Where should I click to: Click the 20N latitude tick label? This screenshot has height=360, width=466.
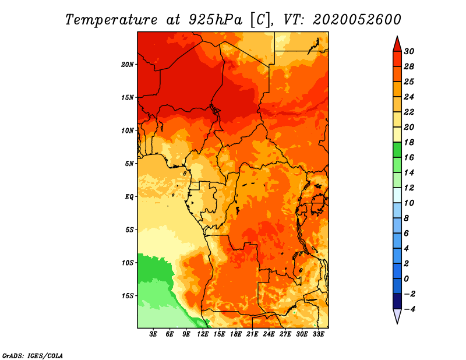(x=128, y=65)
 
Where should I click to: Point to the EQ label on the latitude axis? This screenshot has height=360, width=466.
(x=129, y=197)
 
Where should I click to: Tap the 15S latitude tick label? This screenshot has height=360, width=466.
(x=128, y=296)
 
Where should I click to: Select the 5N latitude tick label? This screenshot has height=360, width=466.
(x=129, y=164)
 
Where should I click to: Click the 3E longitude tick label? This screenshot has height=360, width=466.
(x=153, y=334)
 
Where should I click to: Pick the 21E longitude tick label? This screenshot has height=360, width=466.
(x=252, y=334)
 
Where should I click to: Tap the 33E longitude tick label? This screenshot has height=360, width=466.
(x=318, y=334)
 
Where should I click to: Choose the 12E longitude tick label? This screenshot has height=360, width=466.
(x=203, y=334)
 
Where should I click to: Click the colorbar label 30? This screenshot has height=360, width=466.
(x=409, y=51)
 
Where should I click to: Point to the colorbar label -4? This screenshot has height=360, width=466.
(x=409, y=309)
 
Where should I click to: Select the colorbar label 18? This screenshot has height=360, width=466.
(x=409, y=142)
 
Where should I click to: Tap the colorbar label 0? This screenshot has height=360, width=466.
(x=407, y=279)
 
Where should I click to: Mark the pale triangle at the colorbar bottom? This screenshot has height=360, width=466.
(x=397, y=315)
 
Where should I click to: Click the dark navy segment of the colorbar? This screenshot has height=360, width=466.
(x=397, y=301)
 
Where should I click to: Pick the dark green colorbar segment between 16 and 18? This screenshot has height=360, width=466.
(x=397, y=150)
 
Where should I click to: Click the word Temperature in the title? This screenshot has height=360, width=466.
(x=111, y=20)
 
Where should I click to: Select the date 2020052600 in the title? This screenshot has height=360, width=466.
(x=357, y=20)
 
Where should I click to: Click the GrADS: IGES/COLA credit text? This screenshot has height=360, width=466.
(x=33, y=355)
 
